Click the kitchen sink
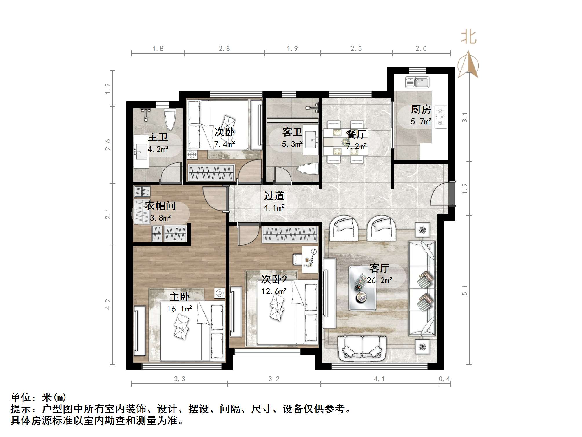417,82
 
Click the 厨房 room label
421,110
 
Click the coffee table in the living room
362,288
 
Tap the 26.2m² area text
380,280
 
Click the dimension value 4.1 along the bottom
379,379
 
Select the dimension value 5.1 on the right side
465,290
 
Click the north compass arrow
468,65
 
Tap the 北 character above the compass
468,38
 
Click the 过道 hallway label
274,196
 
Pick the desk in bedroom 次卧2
310,260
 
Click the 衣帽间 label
160,206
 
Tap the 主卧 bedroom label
180,297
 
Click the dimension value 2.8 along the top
224,48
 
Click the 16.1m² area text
180,309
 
